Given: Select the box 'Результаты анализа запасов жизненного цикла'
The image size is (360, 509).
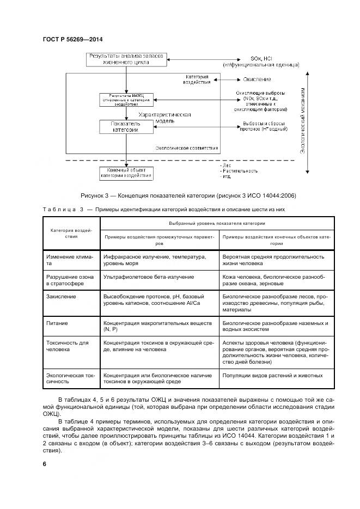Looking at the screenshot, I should point(126,59).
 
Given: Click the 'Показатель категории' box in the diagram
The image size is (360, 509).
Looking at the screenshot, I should point(126,127).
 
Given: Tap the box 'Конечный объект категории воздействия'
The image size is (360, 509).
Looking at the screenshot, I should point(126,173).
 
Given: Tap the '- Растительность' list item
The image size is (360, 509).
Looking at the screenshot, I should point(239,171).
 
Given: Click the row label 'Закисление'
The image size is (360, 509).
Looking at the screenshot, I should point(62,297).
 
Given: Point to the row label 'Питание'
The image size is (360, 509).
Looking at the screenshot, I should point(57,323).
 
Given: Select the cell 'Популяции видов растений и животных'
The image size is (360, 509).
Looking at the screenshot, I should point(272,376).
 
